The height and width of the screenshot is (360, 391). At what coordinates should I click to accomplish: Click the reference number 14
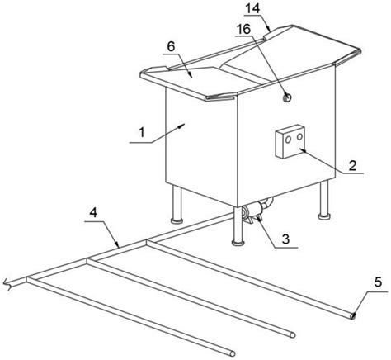pos(252,8)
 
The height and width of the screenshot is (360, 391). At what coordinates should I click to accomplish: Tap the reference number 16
pos(243,29)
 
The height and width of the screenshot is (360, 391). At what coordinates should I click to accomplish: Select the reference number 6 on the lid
pos(171,47)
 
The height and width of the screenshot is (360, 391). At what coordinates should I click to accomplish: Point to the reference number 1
pos(142,133)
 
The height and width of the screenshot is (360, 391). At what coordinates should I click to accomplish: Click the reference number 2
pos(352,165)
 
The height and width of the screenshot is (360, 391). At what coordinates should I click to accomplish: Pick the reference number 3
pos(286,239)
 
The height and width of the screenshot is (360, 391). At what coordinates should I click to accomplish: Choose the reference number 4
pos(94,212)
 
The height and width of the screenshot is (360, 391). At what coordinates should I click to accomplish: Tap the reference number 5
pos(378,282)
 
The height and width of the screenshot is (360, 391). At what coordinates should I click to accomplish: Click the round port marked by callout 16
pos(287,97)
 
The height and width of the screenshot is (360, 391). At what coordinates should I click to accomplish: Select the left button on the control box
pos(288,140)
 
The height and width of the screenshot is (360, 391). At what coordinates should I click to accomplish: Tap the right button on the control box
pos(299,136)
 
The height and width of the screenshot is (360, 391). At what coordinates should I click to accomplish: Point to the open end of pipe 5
pos(352,317)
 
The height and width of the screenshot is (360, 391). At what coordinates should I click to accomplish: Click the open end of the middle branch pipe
pos(293,335)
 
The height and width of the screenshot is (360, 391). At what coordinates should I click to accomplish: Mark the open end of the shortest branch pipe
pos(233,353)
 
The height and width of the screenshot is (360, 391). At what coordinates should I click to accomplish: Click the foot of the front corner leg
pos(238,243)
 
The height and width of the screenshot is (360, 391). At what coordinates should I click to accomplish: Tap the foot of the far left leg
pos(177,220)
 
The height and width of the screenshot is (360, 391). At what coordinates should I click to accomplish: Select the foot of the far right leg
pos(324,216)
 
